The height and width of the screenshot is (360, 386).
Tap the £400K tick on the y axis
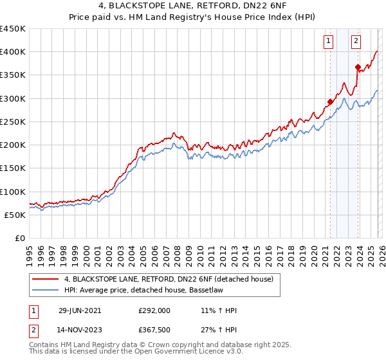[13, 52]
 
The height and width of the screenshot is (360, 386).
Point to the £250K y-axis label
[13, 122]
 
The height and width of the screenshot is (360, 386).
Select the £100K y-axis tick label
[13, 192]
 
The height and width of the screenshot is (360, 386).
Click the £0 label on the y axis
[19, 239]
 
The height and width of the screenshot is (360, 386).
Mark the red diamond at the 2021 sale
[330, 102]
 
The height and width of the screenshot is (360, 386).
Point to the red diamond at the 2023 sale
[358, 66]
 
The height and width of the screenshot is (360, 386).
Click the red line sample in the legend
[46, 279]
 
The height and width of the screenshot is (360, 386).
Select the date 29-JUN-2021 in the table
[79, 310]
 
